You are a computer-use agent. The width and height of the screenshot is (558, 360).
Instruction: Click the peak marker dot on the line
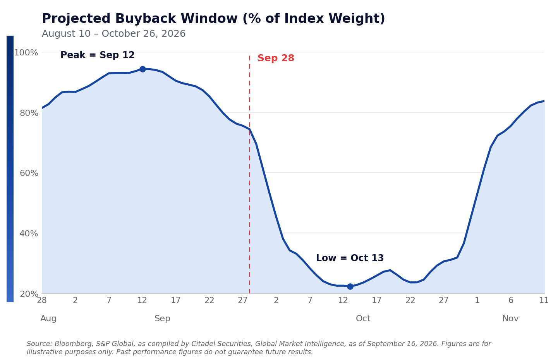[143, 69]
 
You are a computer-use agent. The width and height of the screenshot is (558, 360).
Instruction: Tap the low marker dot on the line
[350, 286]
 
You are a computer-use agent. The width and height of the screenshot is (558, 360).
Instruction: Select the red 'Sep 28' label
[276, 58]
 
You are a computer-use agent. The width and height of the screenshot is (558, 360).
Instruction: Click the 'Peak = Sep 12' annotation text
[98, 55]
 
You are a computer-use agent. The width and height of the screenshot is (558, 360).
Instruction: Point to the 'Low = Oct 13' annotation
[350, 258]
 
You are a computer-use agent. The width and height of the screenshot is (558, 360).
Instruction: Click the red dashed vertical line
[249, 174]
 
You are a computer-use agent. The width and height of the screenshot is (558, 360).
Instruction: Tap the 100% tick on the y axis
[26, 53]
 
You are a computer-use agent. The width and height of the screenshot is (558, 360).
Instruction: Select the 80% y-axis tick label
[29, 113]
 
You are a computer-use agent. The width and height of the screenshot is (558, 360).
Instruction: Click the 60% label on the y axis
[29, 173]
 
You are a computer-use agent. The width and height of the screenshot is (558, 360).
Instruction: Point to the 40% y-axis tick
[29, 233]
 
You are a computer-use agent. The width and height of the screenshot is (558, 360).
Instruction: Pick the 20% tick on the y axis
[29, 294]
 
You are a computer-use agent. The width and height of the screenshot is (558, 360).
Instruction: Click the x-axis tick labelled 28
[42, 300]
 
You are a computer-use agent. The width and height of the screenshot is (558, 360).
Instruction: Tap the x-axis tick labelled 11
[544, 300]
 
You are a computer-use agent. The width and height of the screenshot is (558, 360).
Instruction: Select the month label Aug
[48, 319]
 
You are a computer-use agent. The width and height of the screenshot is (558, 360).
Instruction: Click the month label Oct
[363, 319]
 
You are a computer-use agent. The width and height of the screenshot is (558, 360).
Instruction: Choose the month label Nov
[510, 319]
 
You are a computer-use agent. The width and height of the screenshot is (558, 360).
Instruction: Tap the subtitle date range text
[113, 34]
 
